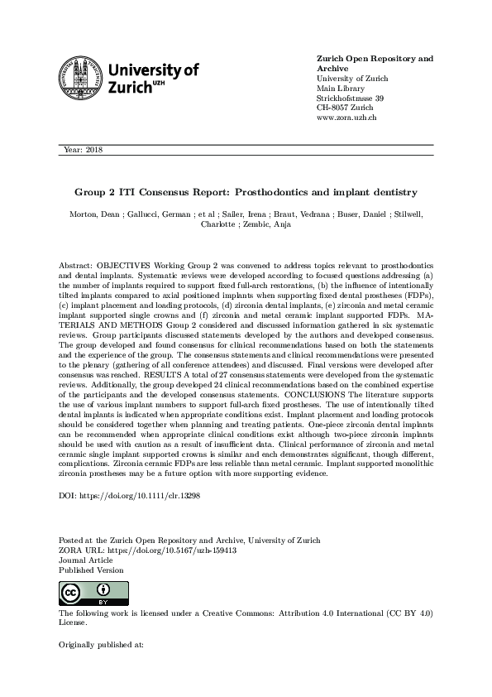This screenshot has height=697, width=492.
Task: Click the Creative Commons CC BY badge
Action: (x=83, y=594)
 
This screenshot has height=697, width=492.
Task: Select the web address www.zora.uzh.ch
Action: (x=347, y=118)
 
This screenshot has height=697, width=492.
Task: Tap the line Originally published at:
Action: (x=101, y=642)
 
